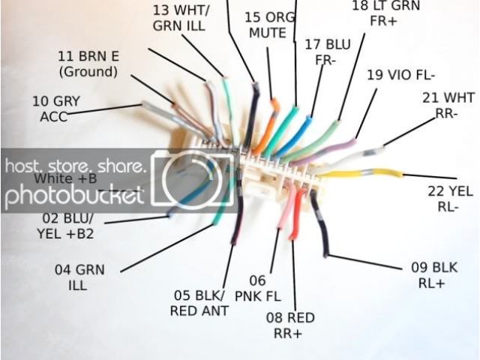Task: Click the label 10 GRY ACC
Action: pos(55,108)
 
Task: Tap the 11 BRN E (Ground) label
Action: pos(88,64)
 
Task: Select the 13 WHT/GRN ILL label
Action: pos(182,18)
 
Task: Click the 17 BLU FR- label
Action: pos(327,52)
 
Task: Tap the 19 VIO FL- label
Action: pos(400,75)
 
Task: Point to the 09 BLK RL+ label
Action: pos(436,274)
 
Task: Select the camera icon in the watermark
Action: pos(193,180)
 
